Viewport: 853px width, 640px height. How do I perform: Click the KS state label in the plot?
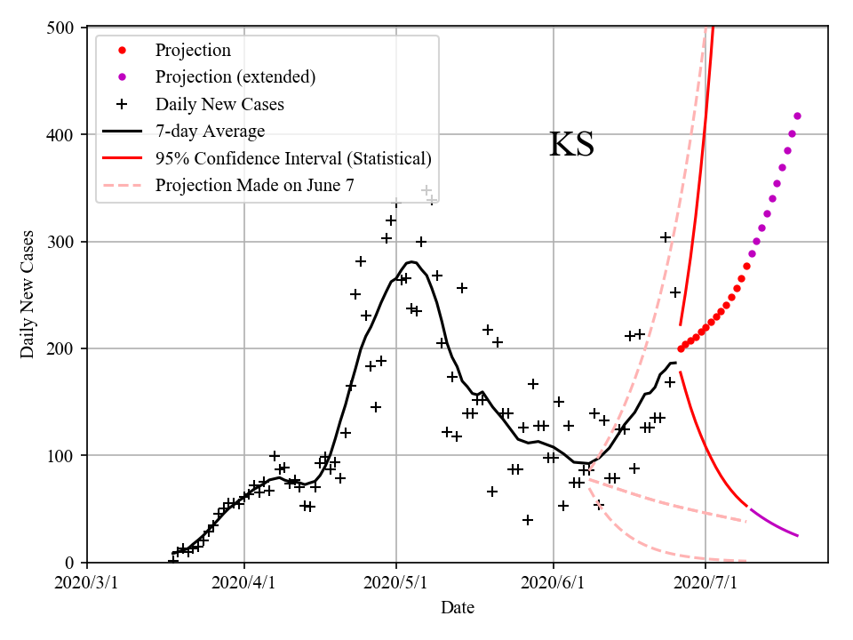coord(571,145)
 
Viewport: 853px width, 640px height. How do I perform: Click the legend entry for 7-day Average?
coord(210,132)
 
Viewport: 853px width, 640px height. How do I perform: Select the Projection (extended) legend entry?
coord(235,76)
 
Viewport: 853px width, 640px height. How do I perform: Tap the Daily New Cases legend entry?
coord(219,104)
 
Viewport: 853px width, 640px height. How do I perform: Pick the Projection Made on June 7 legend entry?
coord(254,185)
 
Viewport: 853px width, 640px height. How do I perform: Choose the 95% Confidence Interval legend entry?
coord(293,158)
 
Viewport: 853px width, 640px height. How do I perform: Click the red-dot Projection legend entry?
coord(193,50)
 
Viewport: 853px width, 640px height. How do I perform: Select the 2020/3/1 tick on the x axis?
coord(87,584)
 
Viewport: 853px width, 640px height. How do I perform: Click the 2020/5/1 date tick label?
coord(396,584)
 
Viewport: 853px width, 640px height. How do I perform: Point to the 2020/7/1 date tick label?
coord(706,584)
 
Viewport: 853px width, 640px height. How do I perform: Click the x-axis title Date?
coord(458,608)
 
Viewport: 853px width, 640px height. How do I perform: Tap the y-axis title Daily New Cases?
coord(28,295)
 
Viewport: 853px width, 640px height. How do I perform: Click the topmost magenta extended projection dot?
coord(797,116)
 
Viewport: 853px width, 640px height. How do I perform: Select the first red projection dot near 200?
coord(681,348)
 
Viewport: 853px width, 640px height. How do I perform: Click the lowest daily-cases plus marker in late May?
coord(528,520)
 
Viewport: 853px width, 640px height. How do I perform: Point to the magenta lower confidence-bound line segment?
coord(773,524)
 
